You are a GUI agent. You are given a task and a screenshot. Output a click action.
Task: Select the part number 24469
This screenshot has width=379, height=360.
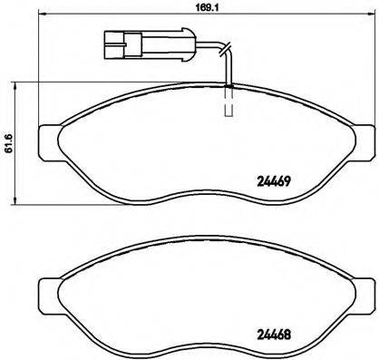click(270, 180)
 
